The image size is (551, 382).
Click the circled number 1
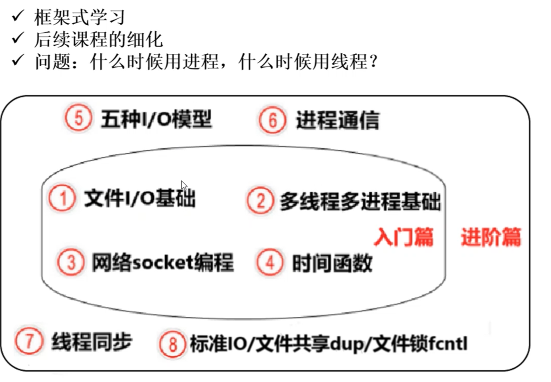62,199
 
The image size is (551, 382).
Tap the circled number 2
260,201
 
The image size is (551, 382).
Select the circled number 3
71,263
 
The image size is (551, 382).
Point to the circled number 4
270,263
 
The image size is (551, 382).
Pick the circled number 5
78,119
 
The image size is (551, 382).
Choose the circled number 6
273,120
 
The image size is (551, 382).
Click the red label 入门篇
403,237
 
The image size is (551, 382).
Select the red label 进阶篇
491,237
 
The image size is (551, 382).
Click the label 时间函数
332,263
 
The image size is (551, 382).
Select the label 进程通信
337,120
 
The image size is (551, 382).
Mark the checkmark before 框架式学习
18,17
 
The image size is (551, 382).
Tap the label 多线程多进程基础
360,201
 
